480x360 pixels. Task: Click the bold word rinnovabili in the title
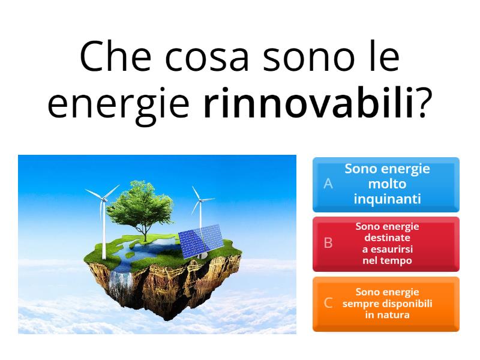309,103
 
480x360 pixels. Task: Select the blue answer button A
386,184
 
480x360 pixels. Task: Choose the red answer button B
386,244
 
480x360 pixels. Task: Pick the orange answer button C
386,304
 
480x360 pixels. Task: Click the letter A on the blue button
328,184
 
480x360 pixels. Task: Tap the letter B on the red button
328,243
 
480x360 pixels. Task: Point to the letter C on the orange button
328,303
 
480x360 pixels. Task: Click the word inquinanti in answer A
387,199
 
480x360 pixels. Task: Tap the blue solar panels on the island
201,240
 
